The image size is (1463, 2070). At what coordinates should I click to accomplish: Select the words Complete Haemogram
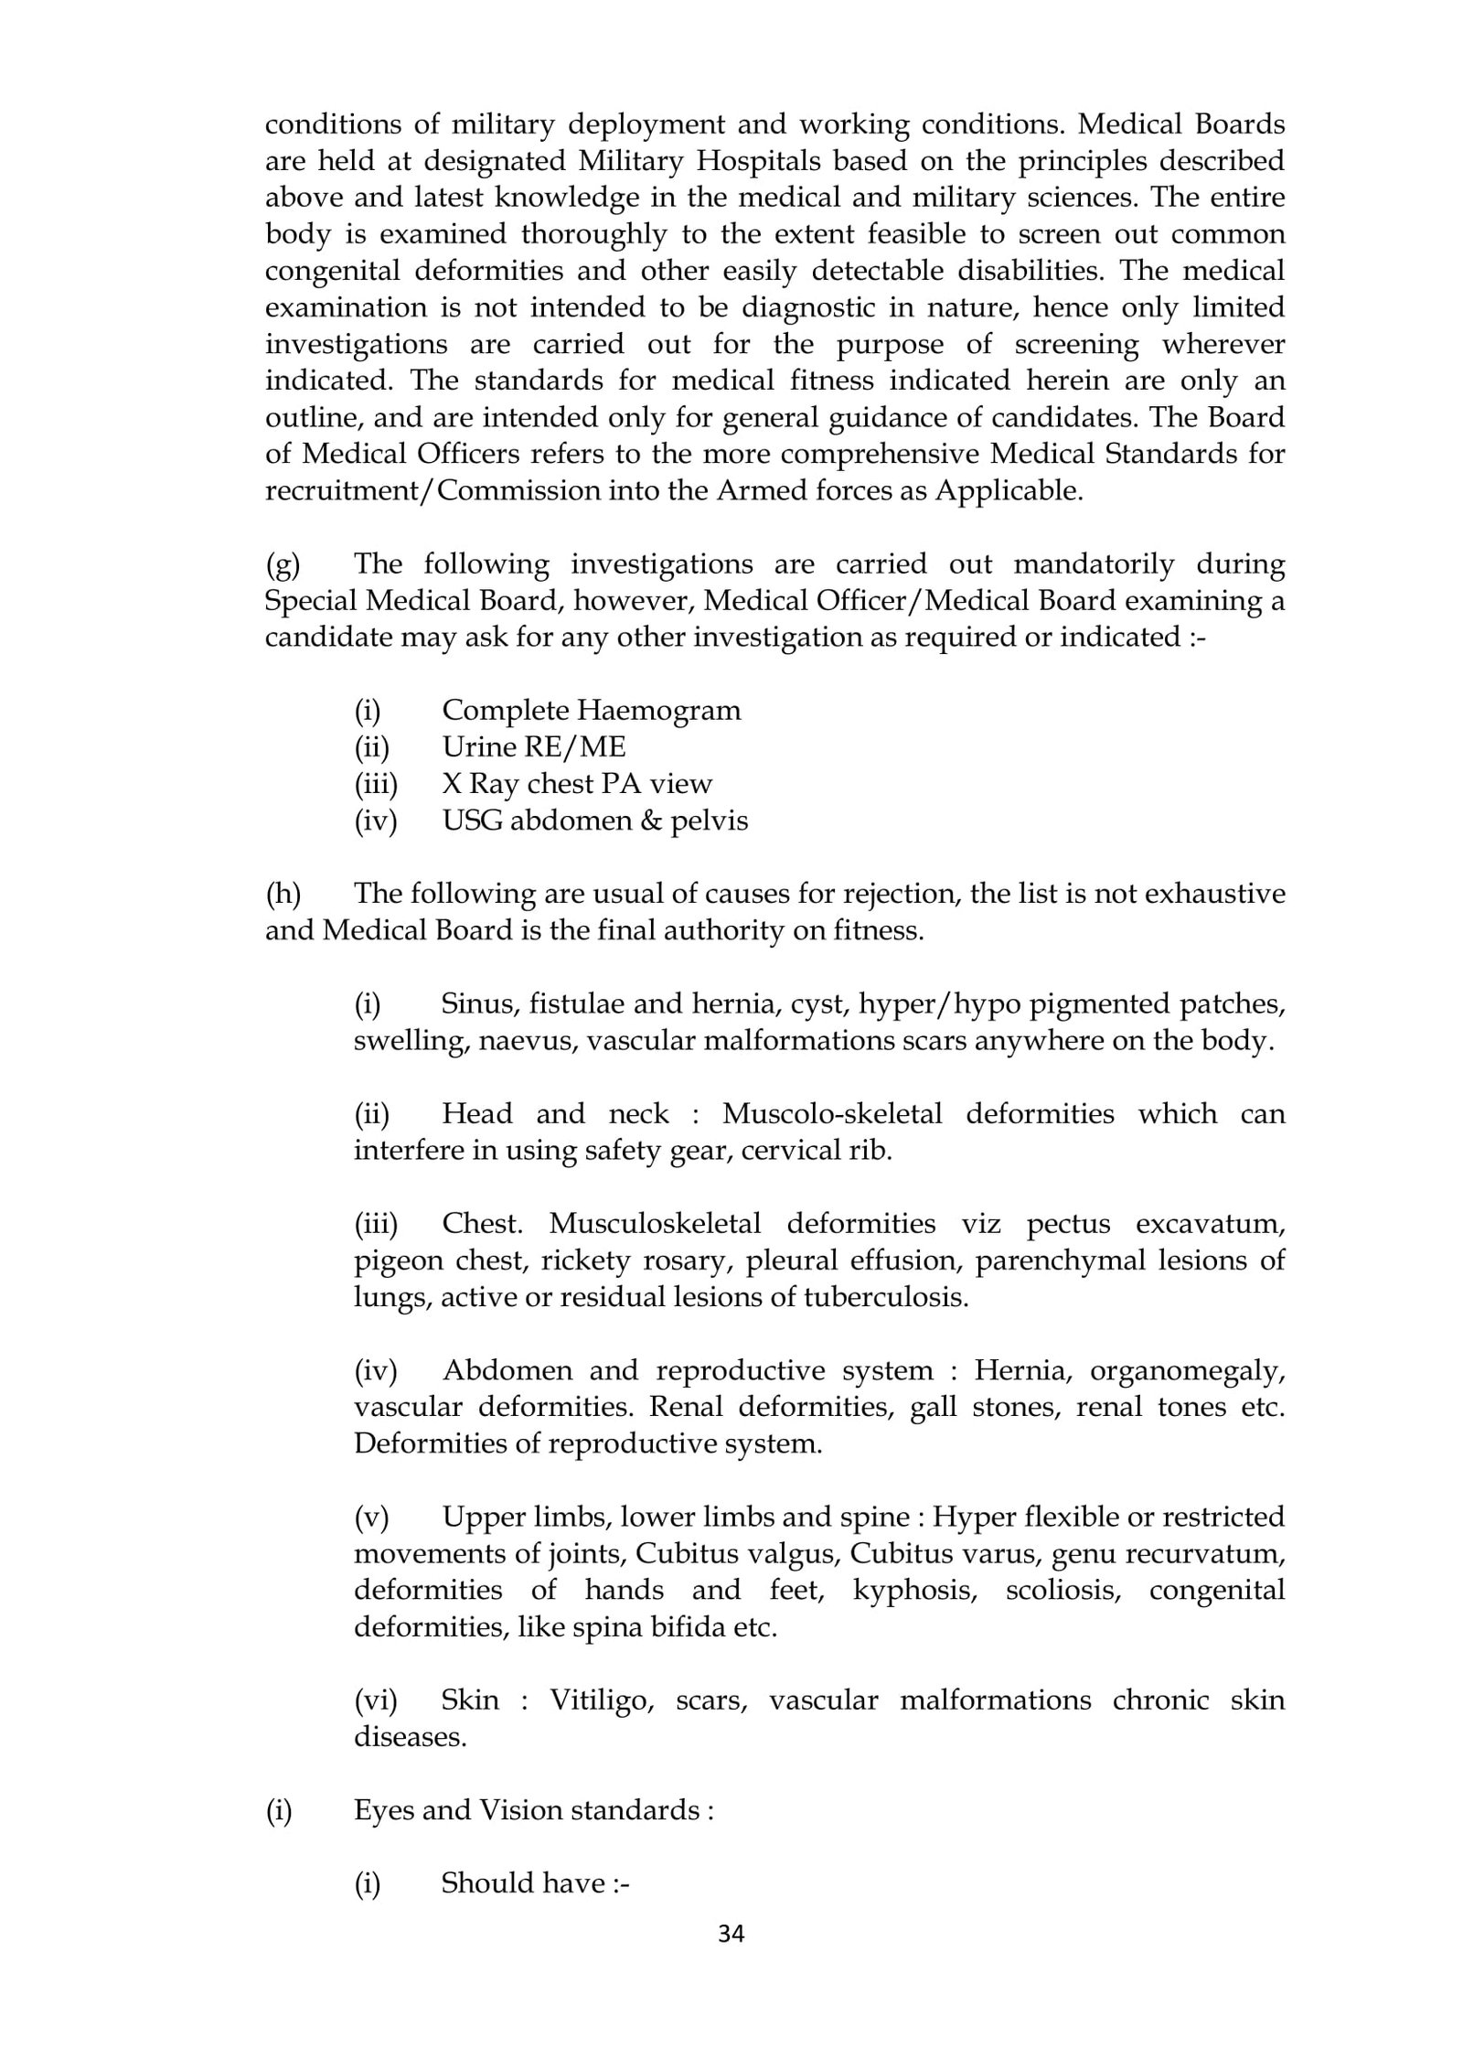(x=591, y=711)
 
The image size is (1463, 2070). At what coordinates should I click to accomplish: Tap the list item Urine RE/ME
(x=534, y=747)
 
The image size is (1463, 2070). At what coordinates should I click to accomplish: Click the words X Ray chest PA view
(x=576, y=784)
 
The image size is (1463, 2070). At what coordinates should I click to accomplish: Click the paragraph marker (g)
(x=283, y=564)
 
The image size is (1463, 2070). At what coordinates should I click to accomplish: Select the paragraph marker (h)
(x=283, y=894)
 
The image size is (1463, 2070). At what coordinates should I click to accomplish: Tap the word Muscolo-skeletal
(x=831, y=1113)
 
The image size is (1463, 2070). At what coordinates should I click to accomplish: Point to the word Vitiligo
(x=601, y=1700)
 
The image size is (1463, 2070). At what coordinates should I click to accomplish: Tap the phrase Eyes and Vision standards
(x=533, y=1810)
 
